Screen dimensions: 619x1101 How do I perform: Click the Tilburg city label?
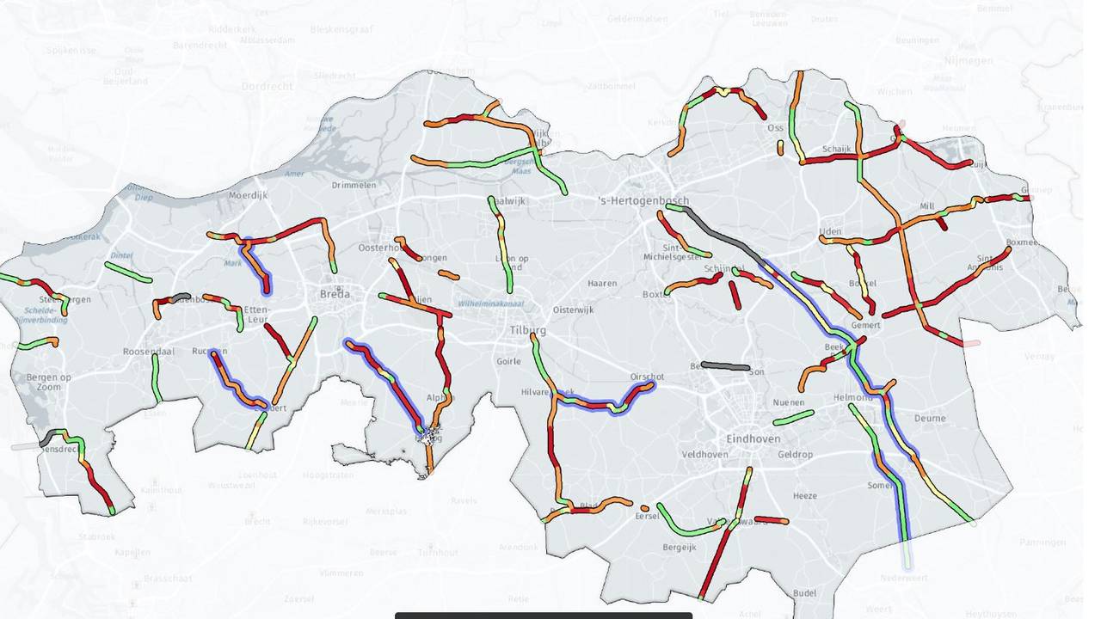click(x=527, y=330)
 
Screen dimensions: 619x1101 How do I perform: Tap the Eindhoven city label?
click(x=753, y=438)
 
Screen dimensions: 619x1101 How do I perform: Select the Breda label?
click(x=335, y=294)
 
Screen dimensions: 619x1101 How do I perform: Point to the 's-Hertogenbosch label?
click(x=643, y=201)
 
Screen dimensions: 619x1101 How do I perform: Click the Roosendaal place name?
click(x=148, y=352)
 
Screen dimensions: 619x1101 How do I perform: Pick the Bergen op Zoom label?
click(x=48, y=383)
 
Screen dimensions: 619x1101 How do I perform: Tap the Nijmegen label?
click(x=968, y=60)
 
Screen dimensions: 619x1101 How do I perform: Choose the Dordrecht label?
click(x=267, y=86)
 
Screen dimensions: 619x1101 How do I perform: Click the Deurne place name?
click(x=930, y=418)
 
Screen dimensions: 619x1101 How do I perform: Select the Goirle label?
click(x=508, y=361)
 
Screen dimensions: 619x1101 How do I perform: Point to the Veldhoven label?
click(x=704, y=454)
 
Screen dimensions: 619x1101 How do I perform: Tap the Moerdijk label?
click(x=248, y=195)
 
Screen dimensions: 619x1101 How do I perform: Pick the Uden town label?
click(x=830, y=232)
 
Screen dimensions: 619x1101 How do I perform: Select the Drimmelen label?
click(x=355, y=185)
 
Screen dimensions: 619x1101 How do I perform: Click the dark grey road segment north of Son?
click(x=725, y=366)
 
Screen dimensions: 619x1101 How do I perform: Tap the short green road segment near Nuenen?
click(x=793, y=418)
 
